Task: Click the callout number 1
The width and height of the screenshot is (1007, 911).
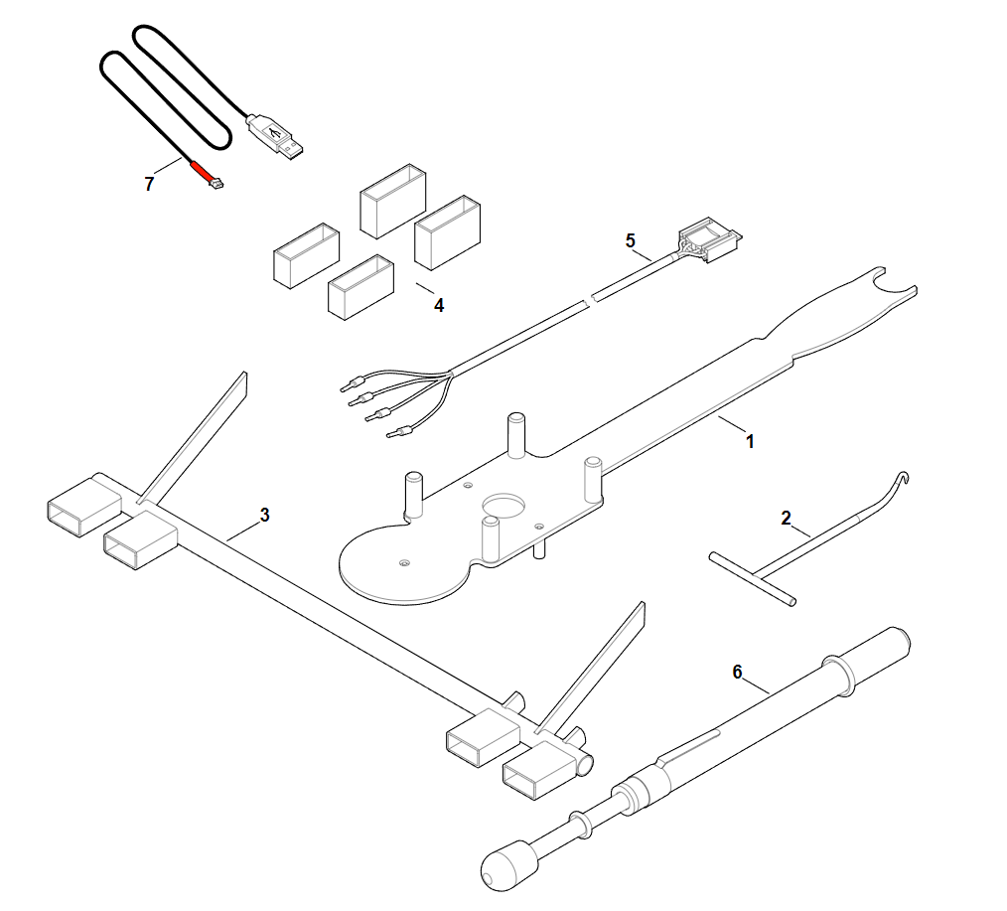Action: pyautogui.click(x=750, y=442)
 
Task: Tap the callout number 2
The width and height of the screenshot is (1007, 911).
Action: pyautogui.click(x=787, y=518)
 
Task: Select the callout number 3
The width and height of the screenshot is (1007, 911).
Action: pyautogui.click(x=264, y=515)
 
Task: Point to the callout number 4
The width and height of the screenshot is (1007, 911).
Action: pyautogui.click(x=439, y=305)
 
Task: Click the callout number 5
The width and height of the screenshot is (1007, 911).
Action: pyautogui.click(x=630, y=240)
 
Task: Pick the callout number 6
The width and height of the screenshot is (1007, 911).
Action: pyautogui.click(x=737, y=672)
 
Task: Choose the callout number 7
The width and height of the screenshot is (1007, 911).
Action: pyautogui.click(x=149, y=185)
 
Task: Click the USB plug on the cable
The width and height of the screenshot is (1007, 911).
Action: pyautogui.click(x=275, y=136)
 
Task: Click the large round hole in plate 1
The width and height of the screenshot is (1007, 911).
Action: pyautogui.click(x=504, y=505)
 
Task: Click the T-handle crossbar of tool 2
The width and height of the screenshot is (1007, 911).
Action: pyautogui.click(x=753, y=578)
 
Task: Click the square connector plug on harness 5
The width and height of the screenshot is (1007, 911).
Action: pyautogui.click(x=710, y=239)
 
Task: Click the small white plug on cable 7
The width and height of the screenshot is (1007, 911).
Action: pyautogui.click(x=216, y=185)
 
